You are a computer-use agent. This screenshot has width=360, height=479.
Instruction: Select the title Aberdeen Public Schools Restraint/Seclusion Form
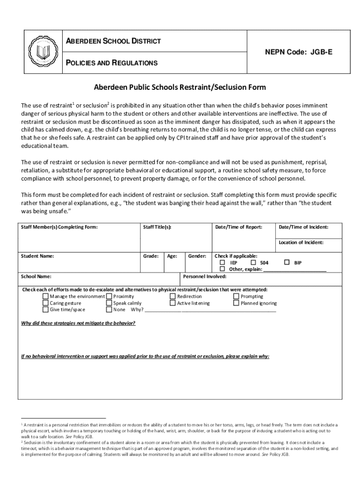pyautogui.click(x=180, y=87)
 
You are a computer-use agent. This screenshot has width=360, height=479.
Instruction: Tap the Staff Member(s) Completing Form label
pyautogui.click(x=59, y=227)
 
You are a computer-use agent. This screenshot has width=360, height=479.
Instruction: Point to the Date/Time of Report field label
pyautogui.click(x=238, y=227)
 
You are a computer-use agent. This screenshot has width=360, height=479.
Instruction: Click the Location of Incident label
pyautogui.click(x=301, y=242)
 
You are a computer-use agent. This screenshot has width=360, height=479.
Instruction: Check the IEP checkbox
pyautogui.click(x=223, y=263)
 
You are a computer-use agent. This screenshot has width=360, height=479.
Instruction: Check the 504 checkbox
pyautogui.click(x=253, y=263)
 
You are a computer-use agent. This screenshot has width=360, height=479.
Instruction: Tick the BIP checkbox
pyautogui.click(x=287, y=263)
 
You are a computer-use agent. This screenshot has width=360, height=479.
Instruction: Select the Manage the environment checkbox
pyautogui.click(x=45, y=296)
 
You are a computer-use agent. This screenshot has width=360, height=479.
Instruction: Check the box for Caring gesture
pyautogui.click(x=45, y=303)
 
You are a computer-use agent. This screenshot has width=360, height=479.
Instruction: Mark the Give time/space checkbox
pyautogui.click(x=45, y=309)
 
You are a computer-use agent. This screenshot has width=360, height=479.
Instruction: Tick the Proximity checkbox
pyautogui.click(x=109, y=296)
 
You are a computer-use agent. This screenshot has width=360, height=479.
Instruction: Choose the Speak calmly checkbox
pyautogui.click(x=109, y=303)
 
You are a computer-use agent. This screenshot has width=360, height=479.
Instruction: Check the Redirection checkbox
pyautogui.click(x=173, y=296)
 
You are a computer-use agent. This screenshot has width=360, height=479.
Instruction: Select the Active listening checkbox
pyautogui.click(x=173, y=303)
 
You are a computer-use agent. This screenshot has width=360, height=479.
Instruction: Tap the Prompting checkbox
pyautogui.click(x=236, y=296)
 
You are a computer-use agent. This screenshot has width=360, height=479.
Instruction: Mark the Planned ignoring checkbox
pyautogui.click(x=236, y=303)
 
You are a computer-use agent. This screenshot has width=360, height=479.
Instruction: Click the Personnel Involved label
pyautogui.click(x=205, y=276)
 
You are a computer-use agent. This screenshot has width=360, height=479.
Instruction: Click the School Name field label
pyautogui.click(x=36, y=276)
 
